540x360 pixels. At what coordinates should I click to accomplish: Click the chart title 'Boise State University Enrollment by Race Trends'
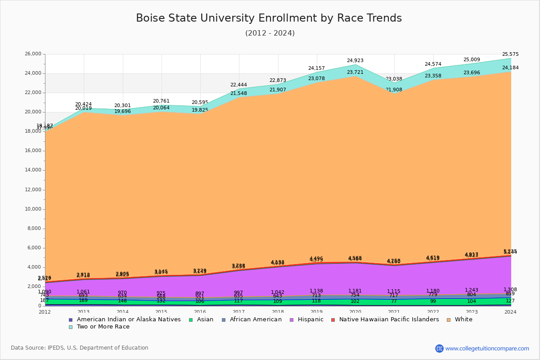pyautogui.click(x=269, y=18)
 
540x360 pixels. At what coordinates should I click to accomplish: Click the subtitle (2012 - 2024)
pyautogui.click(x=270, y=33)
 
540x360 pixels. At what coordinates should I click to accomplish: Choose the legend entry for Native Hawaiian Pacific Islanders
pyautogui.click(x=388, y=319)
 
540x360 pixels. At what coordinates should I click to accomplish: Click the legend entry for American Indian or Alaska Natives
pyautogui.click(x=128, y=319)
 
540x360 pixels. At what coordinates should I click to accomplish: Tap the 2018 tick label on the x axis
pyautogui.click(x=278, y=312)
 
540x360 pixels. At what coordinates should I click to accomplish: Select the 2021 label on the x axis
pyautogui.click(x=394, y=312)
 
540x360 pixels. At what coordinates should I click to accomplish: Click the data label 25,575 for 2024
pyautogui.click(x=510, y=54)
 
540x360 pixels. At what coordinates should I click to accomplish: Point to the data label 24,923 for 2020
pyautogui.click(x=355, y=61)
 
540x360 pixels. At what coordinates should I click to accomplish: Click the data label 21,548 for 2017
pyautogui.click(x=238, y=94)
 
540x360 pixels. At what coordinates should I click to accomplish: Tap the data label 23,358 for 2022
pyautogui.click(x=433, y=76)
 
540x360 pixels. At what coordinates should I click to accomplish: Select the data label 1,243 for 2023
pyautogui.click(x=472, y=290)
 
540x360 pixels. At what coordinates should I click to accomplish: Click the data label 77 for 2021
pyautogui.click(x=394, y=301)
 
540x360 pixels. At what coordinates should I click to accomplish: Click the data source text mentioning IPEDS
pyautogui.click(x=79, y=348)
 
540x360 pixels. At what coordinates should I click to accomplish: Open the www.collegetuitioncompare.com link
pyautogui.click(x=487, y=348)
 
